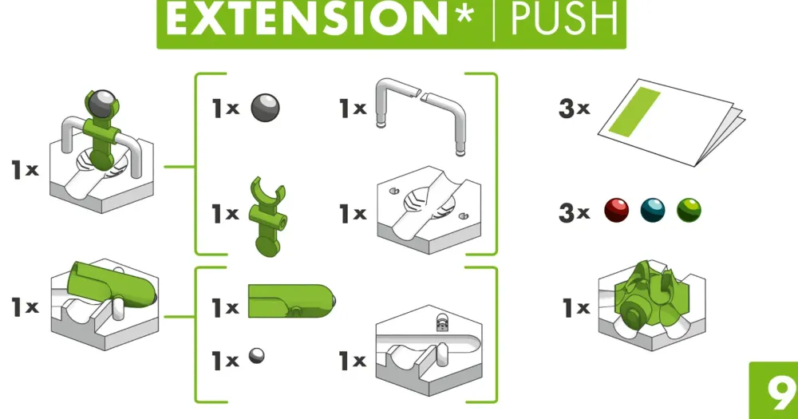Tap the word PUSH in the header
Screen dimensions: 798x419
click(x=563, y=19)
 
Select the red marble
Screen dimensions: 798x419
click(x=616, y=210)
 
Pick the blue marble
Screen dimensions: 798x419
click(x=653, y=210)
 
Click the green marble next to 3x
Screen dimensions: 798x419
click(x=689, y=210)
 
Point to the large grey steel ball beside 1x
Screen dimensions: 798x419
click(x=265, y=108)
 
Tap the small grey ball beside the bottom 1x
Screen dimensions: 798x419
click(x=256, y=355)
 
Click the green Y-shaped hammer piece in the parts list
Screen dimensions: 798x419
click(x=267, y=215)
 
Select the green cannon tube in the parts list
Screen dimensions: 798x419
click(x=291, y=301)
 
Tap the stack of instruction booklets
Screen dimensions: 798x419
click(x=671, y=121)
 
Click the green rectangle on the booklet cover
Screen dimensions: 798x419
click(x=634, y=112)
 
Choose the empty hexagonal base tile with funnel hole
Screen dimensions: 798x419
click(x=429, y=209)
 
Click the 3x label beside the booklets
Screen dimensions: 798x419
click(x=574, y=108)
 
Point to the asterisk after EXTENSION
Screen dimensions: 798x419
click(x=464, y=14)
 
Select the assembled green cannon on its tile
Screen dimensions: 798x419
click(x=105, y=304)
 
